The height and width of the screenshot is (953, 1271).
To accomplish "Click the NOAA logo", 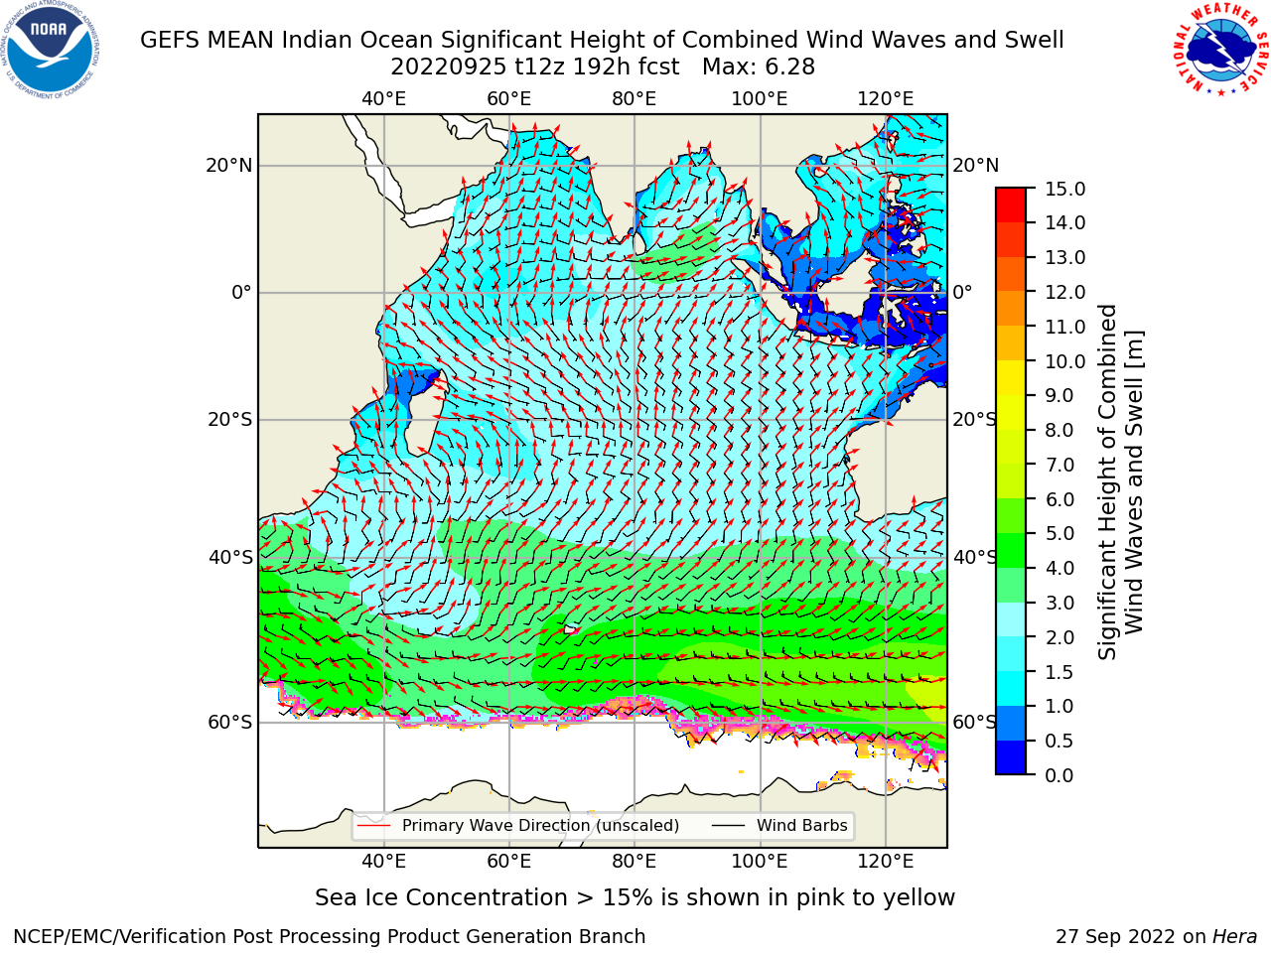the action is click(x=50, y=51).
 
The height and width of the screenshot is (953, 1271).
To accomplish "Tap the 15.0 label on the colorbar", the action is click(x=1064, y=190).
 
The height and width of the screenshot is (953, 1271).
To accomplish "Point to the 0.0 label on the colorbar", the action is click(x=1059, y=775).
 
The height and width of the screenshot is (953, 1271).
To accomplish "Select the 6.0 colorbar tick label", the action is click(x=1059, y=499).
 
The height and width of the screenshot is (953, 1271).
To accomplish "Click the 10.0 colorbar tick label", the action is click(x=1064, y=361).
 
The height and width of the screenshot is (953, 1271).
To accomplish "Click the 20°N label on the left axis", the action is click(x=229, y=166).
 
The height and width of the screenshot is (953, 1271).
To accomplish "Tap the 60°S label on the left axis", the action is click(x=230, y=722).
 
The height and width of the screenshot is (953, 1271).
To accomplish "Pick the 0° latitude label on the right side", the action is click(x=962, y=292).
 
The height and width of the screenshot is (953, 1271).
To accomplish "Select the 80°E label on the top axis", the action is click(x=635, y=99).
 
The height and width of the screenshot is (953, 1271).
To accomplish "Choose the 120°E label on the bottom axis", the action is click(x=886, y=861).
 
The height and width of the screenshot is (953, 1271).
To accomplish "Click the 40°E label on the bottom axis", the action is click(x=384, y=861).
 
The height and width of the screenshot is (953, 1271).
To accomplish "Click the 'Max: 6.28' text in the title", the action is click(x=759, y=68).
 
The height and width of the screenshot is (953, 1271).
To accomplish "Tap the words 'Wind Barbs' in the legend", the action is click(x=802, y=825).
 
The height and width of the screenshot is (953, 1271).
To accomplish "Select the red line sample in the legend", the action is click(x=373, y=825).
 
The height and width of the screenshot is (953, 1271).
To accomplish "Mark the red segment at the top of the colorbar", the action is click(x=1011, y=197).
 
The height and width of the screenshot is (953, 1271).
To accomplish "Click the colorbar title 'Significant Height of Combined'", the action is click(x=1106, y=482).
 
